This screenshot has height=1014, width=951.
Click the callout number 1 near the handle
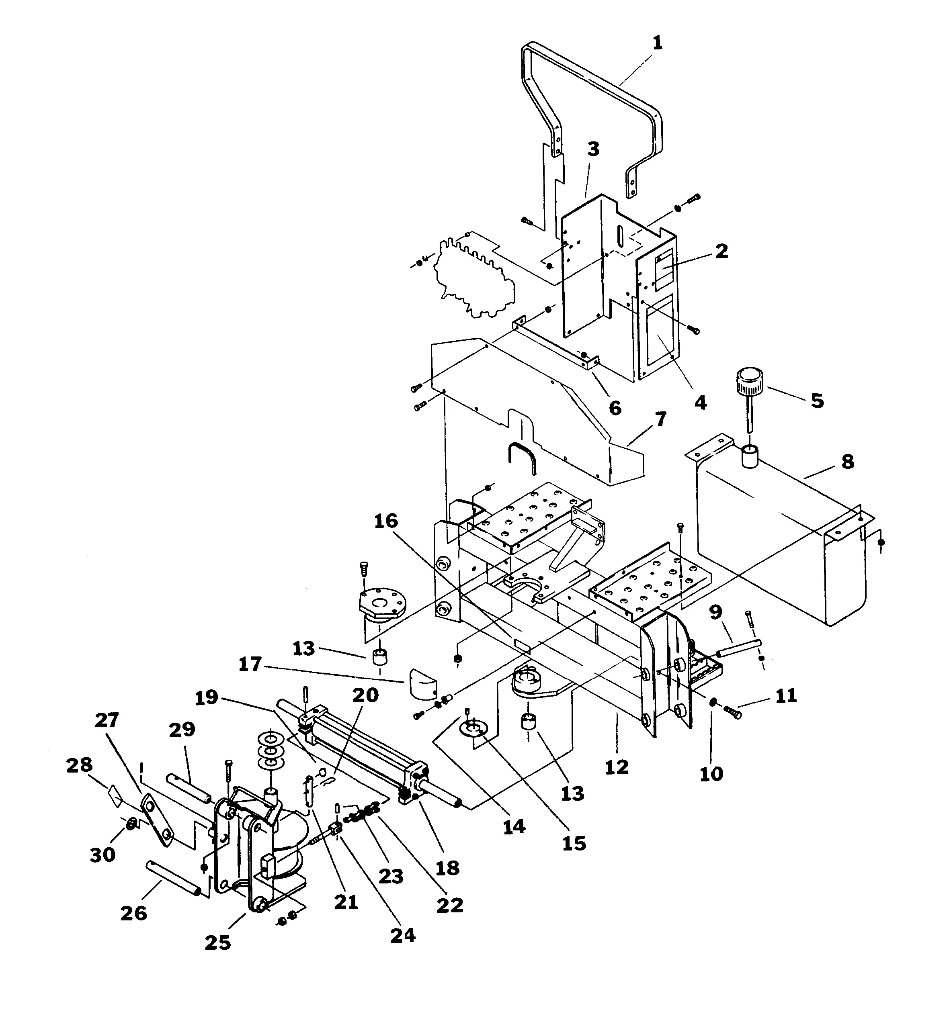[658, 43]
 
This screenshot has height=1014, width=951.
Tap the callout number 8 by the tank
[847, 462]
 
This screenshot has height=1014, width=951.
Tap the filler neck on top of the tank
[750, 456]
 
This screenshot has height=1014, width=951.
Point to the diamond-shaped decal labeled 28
[115, 796]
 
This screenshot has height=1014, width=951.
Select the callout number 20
[366, 695]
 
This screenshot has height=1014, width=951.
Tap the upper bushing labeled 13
[379, 656]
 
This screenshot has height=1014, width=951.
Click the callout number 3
[593, 149]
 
